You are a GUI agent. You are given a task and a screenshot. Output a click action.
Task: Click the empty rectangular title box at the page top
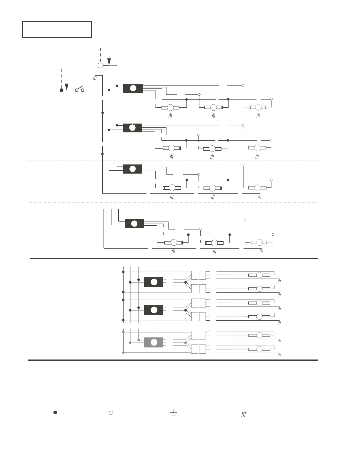pyautogui.click(x=57, y=29)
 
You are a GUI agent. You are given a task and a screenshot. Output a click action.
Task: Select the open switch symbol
pyautogui.click(x=79, y=89)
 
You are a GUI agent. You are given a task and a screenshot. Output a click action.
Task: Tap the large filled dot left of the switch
pyautogui.click(x=61, y=90)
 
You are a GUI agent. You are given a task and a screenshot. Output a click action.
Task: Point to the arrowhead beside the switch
pyautogui.click(x=67, y=86)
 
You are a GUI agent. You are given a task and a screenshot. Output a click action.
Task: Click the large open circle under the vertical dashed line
pyautogui.click(x=100, y=65)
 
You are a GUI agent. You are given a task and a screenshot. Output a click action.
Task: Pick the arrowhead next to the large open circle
pyautogui.click(x=109, y=61)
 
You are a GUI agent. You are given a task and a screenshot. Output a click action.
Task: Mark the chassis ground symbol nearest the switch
pyautogui.click(x=95, y=78)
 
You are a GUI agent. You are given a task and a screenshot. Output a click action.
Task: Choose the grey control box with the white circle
pyautogui.click(x=154, y=342)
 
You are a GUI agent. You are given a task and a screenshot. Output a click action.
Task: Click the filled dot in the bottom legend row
pyautogui.click(x=55, y=412)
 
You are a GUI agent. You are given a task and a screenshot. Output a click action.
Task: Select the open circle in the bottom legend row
pyautogui.click(x=111, y=413)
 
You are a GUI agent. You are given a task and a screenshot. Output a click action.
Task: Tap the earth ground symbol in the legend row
pyautogui.click(x=174, y=413)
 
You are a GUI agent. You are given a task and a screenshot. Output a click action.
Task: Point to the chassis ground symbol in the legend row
pyautogui.click(x=244, y=414)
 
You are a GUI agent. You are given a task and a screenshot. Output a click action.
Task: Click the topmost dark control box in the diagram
pyautogui.click(x=133, y=88)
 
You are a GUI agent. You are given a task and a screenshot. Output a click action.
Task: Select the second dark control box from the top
pyautogui.click(x=132, y=128)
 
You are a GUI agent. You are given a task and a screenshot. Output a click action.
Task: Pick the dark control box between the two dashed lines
pyautogui.click(x=133, y=169)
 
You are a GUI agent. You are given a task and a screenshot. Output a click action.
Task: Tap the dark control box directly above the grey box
pyautogui.click(x=154, y=310)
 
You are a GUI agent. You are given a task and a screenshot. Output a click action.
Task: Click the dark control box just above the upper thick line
pyautogui.click(x=134, y=224)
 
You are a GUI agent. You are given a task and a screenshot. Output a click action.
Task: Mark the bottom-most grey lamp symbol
pyautogui.click(x=259, y=349)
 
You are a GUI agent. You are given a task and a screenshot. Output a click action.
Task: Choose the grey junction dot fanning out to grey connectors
pyautogui.click(x=185, y=343)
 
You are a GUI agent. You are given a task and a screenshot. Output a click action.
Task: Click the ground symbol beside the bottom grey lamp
pyautogui.click(x=279, y=355)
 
